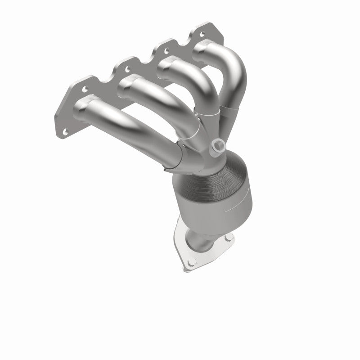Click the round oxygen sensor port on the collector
click(219, 145)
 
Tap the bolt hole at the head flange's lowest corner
click(65, 131)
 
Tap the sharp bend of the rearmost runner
click(236, 67)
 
